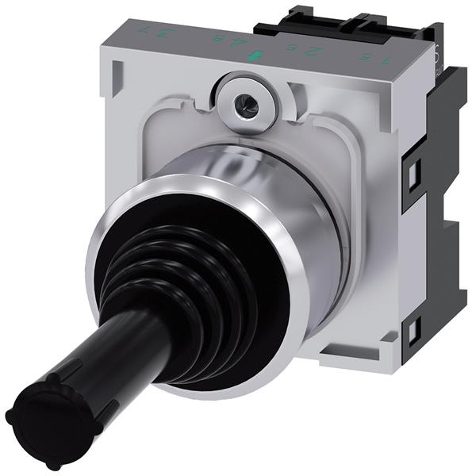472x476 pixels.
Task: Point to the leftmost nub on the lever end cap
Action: click(x=9, y=414)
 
